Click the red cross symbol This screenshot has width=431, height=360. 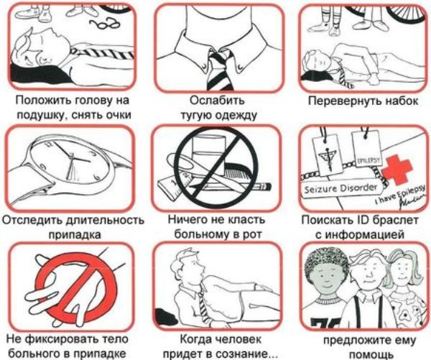point(398,168)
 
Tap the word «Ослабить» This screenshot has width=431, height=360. point(217,101)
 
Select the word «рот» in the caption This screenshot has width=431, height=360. point(251,234)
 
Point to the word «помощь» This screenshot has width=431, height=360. point(369,355)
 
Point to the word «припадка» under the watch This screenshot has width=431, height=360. point(75,235)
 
